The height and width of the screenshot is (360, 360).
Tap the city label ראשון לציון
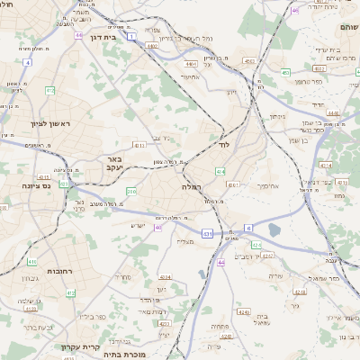(43, 124)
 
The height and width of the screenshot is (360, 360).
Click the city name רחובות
(59, 270)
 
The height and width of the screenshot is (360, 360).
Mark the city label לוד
(223, 144)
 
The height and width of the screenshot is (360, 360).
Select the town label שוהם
(348, 27)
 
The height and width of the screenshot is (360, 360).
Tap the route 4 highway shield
(28, 62)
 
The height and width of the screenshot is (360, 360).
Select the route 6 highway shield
(248, 228)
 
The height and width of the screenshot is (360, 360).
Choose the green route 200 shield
(131, 191)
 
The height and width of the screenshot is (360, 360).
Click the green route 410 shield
(31, 262)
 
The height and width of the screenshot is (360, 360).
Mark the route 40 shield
(158, 228)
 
